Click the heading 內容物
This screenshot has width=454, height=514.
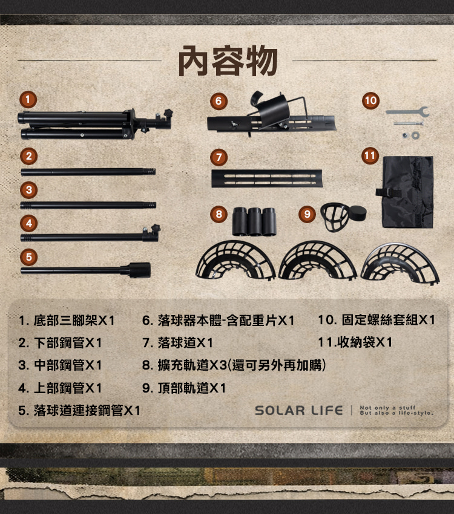pos(228,61)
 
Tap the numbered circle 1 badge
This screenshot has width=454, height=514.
pos(28,99)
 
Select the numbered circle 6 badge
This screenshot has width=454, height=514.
pos(219,101)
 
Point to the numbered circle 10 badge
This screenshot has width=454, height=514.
pos(370,100)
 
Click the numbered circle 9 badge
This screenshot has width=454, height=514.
pos(307,214)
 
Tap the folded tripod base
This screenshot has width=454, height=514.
pos(95,124)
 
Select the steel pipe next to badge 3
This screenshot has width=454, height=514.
pos(88,206)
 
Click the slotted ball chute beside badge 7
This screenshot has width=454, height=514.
pos(267,178)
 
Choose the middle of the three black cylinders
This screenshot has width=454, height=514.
pos(255,221)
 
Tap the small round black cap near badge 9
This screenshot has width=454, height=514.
pos(357,213)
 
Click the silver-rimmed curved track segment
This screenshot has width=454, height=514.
pos(400,263)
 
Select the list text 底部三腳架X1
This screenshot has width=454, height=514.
pos(74,320)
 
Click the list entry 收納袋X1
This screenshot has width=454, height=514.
pos(364,342)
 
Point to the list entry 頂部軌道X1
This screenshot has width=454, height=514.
pos(192,388)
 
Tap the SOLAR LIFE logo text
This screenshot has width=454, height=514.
pos(299,411)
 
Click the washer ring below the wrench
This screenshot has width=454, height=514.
pos(415,135)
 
